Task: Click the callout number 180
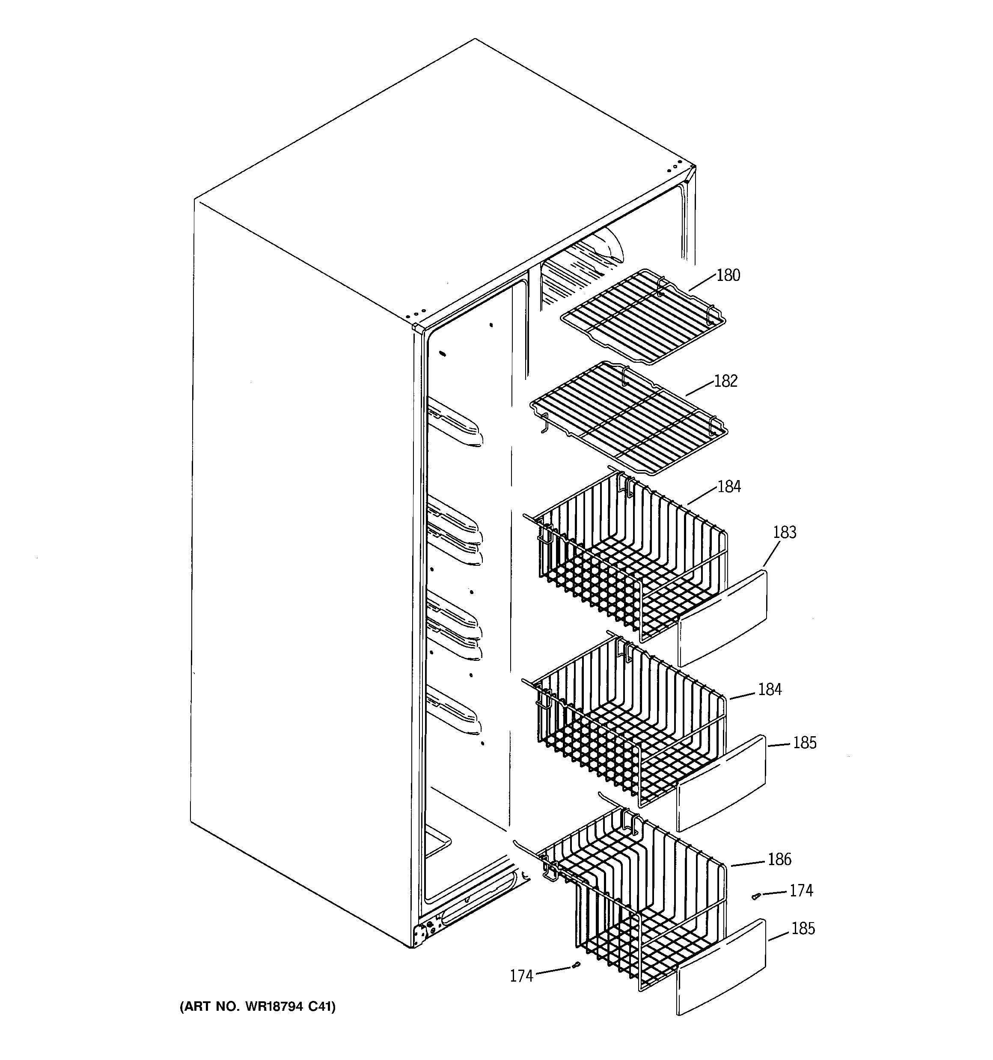point(728,276)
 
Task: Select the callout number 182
point(725,381)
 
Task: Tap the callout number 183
point(784,532)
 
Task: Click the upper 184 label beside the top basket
point(728,487)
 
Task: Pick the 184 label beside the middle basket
point(770,690)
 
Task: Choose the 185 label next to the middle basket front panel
point(804,743)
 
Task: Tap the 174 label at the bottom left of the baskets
point(521,976)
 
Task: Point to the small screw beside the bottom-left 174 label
point(576,965)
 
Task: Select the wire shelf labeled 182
point(629,418)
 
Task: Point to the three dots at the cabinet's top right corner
point(674,168)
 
